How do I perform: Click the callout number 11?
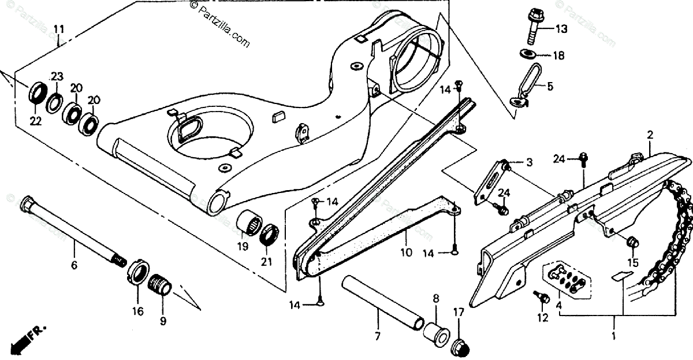[x=59, y=29]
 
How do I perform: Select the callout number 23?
[x=56, y=77]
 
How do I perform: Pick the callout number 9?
[x=162, y=321]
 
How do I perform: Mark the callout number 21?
[x=266, y=262]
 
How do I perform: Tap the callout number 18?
[x=558, y=56]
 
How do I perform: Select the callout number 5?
[x=550, y=87]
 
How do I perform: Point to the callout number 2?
[x=650, y=135]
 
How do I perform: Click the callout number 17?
[x=459, y=313]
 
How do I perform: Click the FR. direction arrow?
[x=29, y=338]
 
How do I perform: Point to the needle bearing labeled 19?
[x=250, y=224]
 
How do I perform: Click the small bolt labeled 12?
[x=542, y=297]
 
